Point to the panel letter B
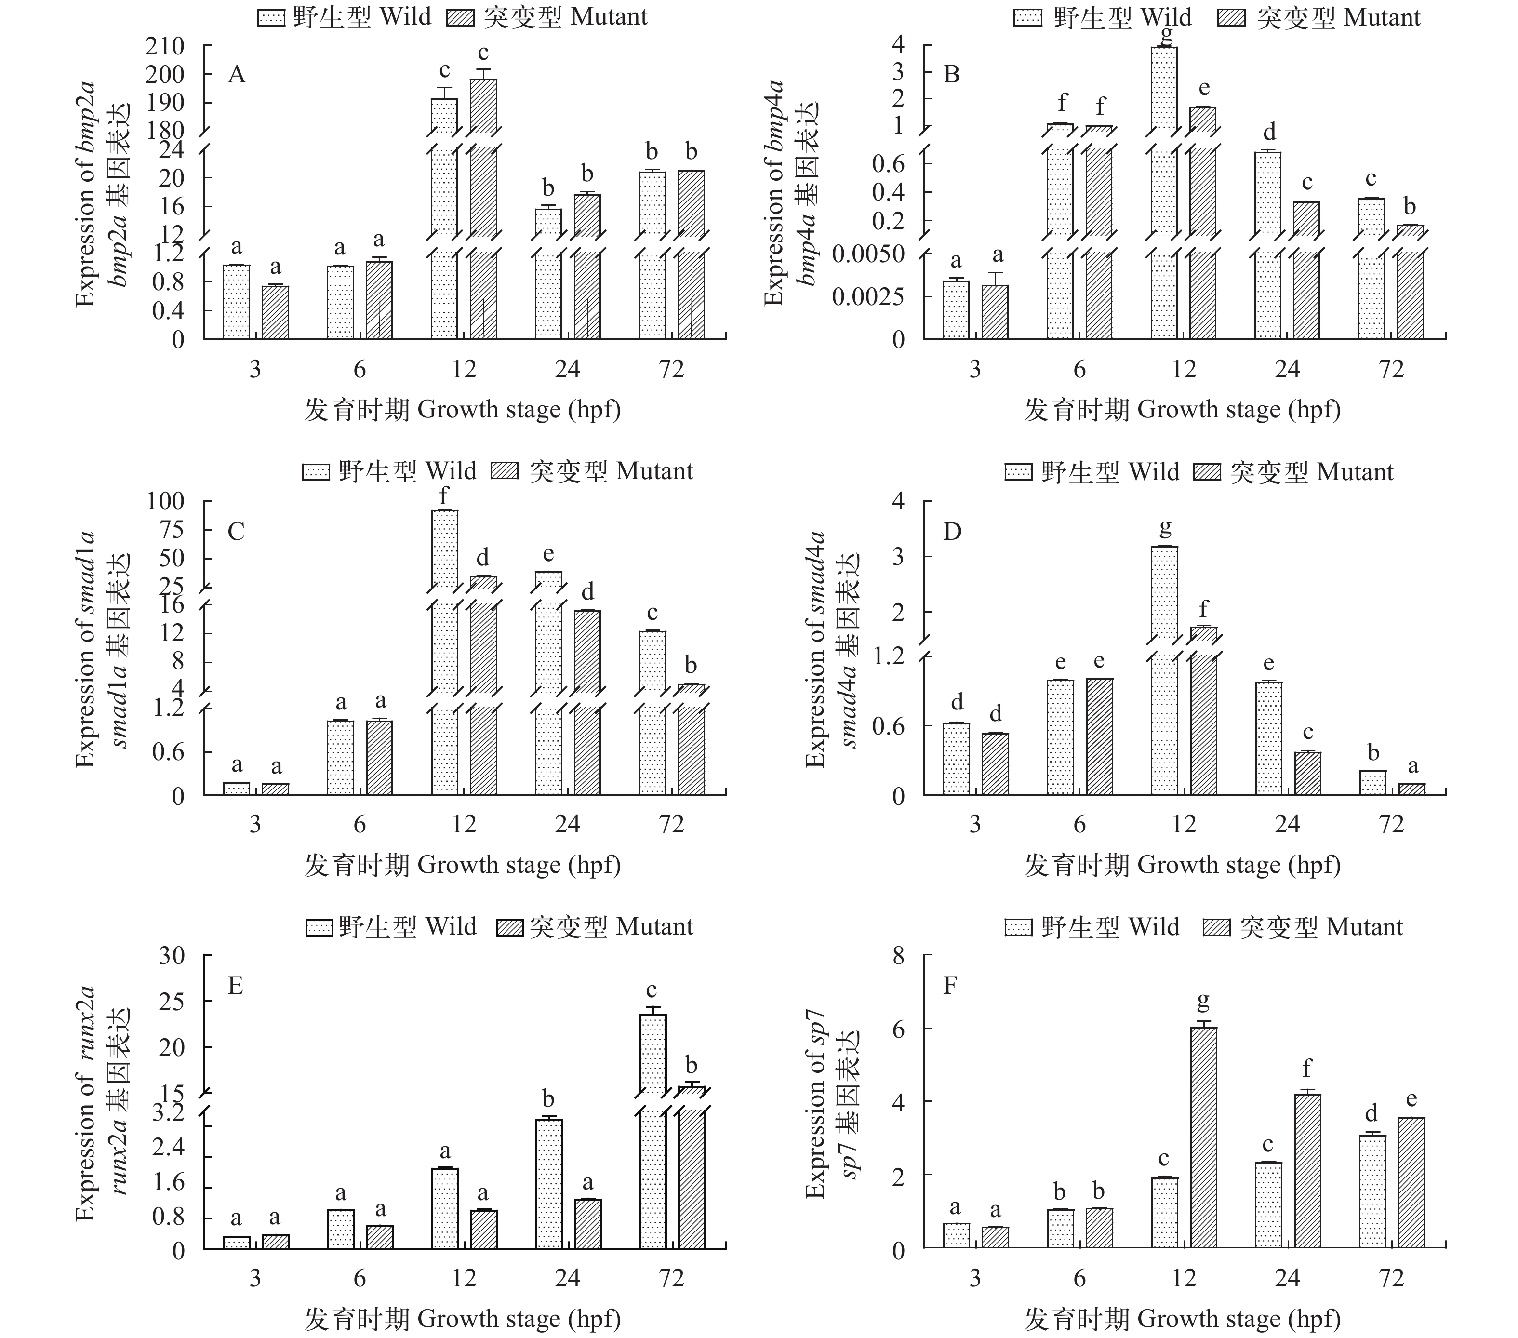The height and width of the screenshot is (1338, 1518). pyautogui.click(x=951, y=75)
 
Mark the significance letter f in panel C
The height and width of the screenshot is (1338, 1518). pyautogui.click(x=444, y=495)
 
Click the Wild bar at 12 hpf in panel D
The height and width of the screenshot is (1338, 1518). pyautogui.click(x=1164, y=669)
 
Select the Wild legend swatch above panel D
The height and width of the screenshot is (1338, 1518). pyautogui.click(x=1018, y=472)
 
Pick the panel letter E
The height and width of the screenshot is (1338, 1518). pyautogui.click(x=236, y=986)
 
